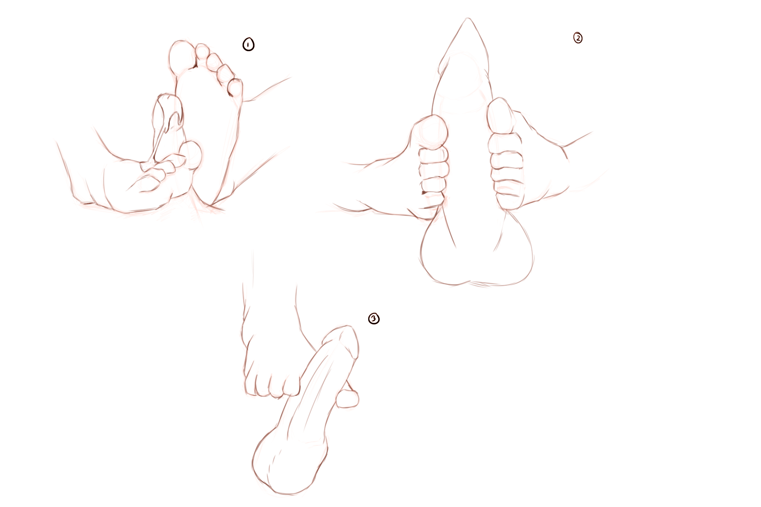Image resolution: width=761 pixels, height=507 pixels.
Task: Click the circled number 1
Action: (x=248, y=44)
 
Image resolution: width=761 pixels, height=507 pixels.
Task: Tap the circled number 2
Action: (x=578, y=38)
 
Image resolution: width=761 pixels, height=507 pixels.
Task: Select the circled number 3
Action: (x=374, y=318)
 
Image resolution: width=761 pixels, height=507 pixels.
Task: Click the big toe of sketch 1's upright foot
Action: (x=182, y=55)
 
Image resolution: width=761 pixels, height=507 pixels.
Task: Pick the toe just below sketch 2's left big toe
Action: (x=434, y=155)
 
